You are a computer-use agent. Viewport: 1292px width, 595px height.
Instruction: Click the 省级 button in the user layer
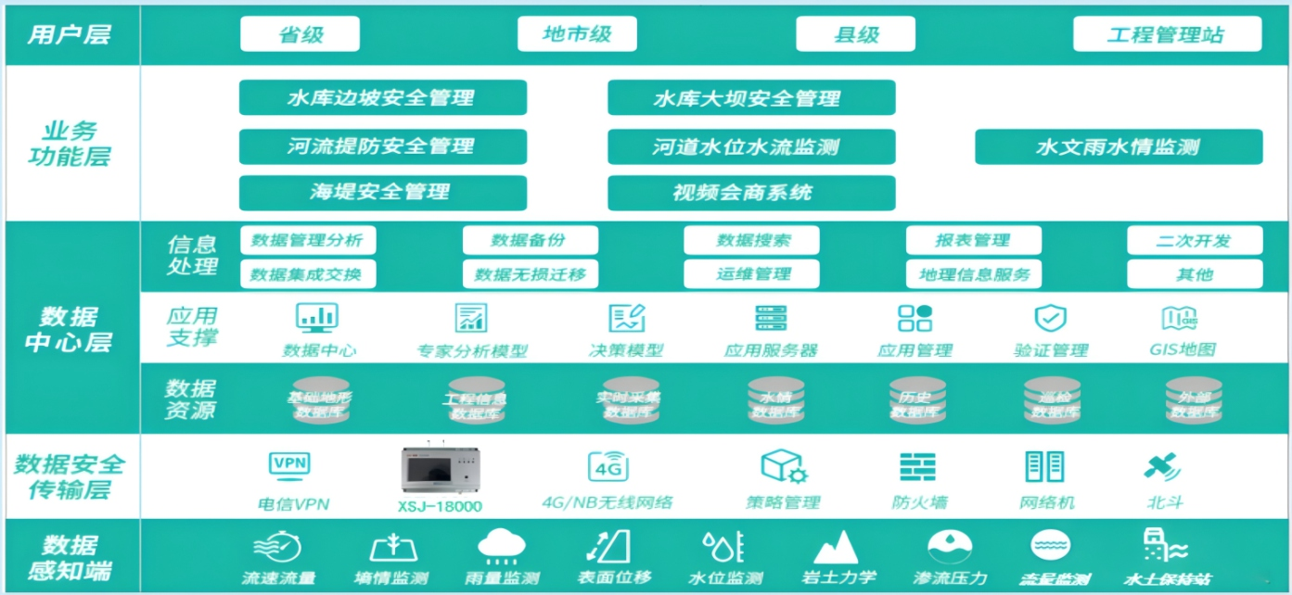click(x=300, y=34)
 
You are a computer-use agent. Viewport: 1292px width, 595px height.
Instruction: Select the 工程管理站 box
click(x=1167, y=34)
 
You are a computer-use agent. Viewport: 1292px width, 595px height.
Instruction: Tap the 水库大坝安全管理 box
click(x=751, y=97)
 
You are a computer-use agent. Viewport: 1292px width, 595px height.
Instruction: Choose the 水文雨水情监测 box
click(x=1119, y=146)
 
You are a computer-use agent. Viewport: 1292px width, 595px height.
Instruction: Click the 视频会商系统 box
click(x=751, y=193)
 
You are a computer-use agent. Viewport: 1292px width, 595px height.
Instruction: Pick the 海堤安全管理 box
click(x=382, y=193)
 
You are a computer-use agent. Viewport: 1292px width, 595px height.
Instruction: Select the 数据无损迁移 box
click(x=531, y=274)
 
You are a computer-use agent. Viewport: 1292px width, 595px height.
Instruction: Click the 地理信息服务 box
click(x=974, y=274)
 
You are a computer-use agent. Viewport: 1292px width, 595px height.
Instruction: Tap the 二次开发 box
click(x=1195, y=240)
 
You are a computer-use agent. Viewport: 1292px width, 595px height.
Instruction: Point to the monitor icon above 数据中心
click(x=317, y=318)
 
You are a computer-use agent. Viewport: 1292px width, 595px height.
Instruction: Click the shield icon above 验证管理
click(x=1050, y=318)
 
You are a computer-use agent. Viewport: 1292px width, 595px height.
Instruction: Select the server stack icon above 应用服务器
click(x=771, y=318)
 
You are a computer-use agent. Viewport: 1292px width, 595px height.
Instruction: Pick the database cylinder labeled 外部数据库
click(x=1194, y=400)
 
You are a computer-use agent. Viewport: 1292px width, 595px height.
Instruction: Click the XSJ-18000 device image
click(x=439, y=471)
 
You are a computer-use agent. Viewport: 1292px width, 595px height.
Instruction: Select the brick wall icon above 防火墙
click(x=918, y=466)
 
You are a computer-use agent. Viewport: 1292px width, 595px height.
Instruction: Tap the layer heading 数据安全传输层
click(x=70, y=476)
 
